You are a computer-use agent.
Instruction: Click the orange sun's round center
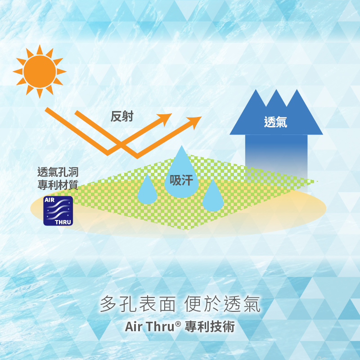(x=40, y=72)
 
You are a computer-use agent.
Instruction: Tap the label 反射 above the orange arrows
(x=122, y=116)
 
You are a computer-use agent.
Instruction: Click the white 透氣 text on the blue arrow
(x=275, y=122)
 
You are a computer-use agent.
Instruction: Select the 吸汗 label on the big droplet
(x=181, y=180)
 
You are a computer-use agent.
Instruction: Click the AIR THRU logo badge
(x=58, y=211)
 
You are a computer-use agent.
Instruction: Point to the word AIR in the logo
(x=49, y=200)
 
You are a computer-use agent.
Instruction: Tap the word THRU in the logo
(x=63, y=222)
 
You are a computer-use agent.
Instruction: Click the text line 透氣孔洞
(x=58, y=172)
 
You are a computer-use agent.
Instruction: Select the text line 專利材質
(x=58, y=185)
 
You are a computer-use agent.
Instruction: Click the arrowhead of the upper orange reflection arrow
(x=166, y=118)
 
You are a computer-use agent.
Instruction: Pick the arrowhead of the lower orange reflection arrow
(x=195, y=121)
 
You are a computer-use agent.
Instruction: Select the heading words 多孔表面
(x=138, y=304)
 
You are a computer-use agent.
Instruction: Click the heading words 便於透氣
(x=222, y=304)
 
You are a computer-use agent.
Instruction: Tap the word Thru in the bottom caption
(x=160, y=326)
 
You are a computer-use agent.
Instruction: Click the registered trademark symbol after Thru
(x=178, y=324)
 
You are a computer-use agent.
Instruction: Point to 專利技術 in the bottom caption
(x=210, y=327)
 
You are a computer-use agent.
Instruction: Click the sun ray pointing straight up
(x=40, y=50)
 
